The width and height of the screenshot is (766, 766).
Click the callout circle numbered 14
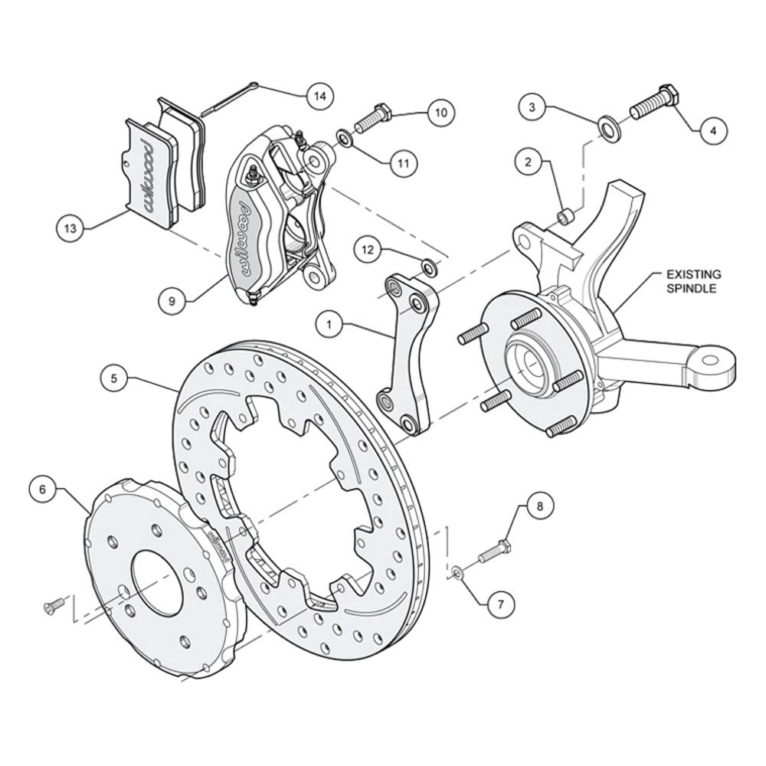(320, 97)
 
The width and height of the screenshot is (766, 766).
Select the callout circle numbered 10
(440, 113)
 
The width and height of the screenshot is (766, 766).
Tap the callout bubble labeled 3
(532, 107)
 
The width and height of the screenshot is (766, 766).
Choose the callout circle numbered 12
(368, 250)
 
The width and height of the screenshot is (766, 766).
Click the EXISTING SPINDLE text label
(694, 281)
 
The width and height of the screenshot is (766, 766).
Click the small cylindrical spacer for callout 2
(567, 215)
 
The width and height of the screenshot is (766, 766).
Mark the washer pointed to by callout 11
(344, 137)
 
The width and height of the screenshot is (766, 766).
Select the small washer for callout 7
(458, 571)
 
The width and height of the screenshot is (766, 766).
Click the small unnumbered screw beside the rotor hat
(54, 606)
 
